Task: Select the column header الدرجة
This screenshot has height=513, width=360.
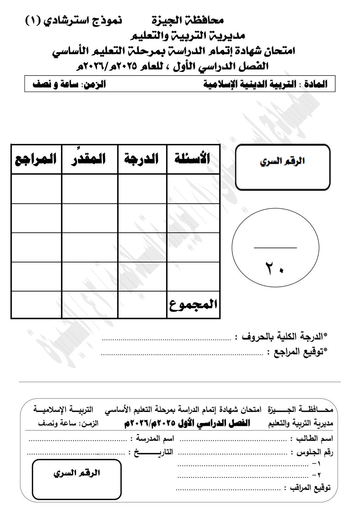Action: [142, 159]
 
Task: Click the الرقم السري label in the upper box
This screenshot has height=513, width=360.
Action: [283, 162]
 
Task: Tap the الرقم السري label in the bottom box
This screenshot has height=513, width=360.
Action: [77, 473]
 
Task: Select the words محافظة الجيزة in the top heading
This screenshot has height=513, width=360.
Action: [188, 21]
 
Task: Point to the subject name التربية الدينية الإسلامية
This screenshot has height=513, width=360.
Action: [250, 84]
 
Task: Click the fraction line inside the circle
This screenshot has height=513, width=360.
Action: [275, 248]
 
